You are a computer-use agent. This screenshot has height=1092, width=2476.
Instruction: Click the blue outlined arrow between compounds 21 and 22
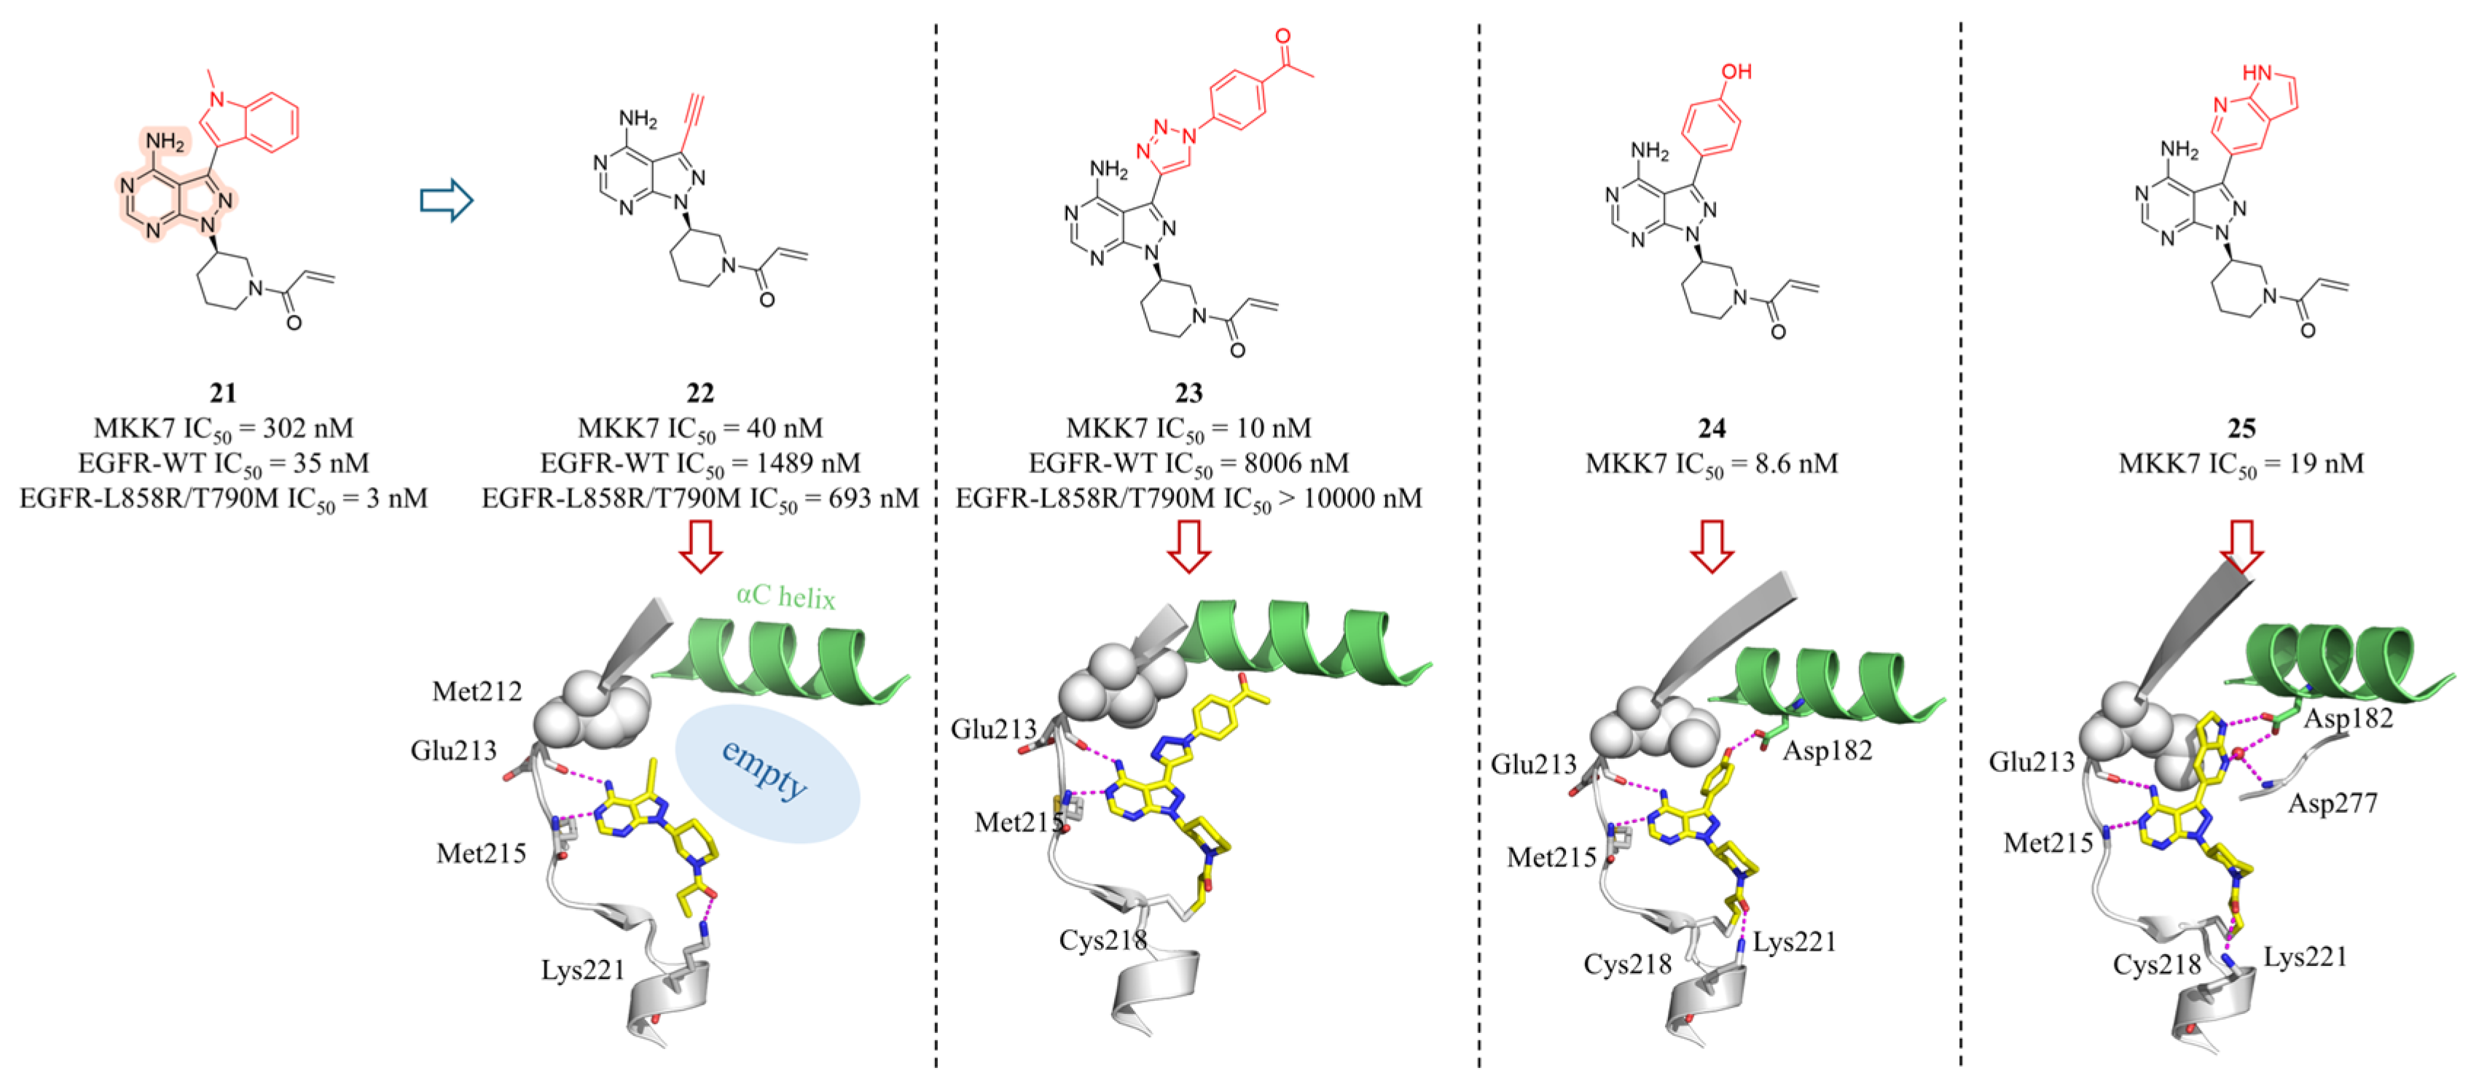pyautogui.click(x=447, y=200)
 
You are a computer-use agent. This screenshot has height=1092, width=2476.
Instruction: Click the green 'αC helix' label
pyautogui.click(x=785, y=597)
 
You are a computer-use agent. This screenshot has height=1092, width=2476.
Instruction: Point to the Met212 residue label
pyautogui.click(x=477, y=691)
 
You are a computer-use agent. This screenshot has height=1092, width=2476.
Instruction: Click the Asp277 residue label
pyautogui.click(x=2332, y=803)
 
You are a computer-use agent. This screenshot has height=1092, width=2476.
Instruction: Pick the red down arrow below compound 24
pyautogui.click(x=1712, y=547)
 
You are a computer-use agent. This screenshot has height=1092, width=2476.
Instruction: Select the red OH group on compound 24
pyautogui.click(x=1736, y=72)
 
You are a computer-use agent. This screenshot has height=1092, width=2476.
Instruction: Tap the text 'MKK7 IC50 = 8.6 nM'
pyautogui.click(x=1712, y=464)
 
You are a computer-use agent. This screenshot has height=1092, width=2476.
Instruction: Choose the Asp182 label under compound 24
pyautogui.click(x=1827, y=751)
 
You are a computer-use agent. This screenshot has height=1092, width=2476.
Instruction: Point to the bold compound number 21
pyautogui.click(x=223, y=393)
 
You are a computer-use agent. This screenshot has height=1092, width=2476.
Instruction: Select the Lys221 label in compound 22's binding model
pyautogui.click(x=582, y=971)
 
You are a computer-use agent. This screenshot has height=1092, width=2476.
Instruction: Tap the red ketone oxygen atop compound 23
pyautogui.click(x=1283, y=36)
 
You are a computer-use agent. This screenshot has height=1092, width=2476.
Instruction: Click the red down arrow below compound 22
pyautogui.click(x=701, y=547)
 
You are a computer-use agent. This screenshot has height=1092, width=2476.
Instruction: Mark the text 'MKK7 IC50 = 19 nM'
pyautogui.click(x=2241, y=464)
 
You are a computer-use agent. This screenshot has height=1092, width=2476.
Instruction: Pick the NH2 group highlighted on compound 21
pyautogui.click(x=165, y=143)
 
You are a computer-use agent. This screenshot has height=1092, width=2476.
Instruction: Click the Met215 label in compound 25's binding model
pyautogui.click(x=2048, y=843)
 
